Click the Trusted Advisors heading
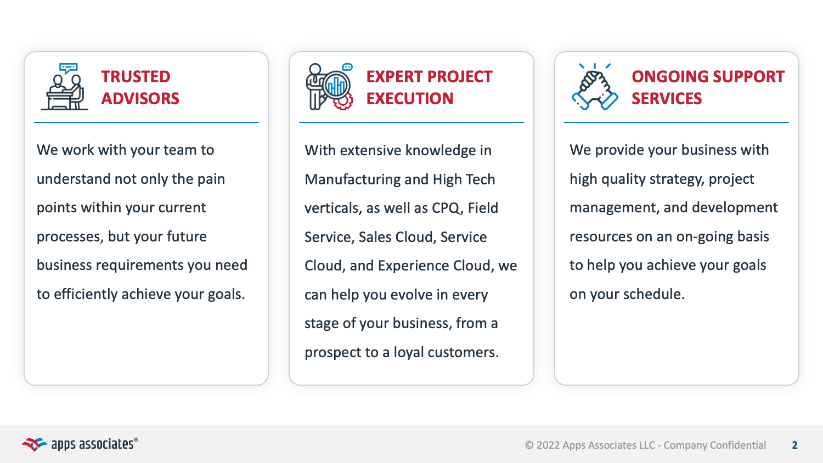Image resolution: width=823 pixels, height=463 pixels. click(140, 87)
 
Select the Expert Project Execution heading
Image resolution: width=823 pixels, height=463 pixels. click(429, 87)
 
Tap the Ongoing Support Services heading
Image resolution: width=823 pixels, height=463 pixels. click(708, 87)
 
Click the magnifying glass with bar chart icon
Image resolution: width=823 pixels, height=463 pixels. click(336, 86)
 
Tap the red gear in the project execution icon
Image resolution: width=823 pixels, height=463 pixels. click(344, 102)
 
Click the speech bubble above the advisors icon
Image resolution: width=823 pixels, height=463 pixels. click(69, 69)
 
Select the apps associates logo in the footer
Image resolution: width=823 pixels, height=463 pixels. click(80, 444)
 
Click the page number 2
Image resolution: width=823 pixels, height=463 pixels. click(794, 445)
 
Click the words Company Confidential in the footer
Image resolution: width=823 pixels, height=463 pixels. click(714, 445)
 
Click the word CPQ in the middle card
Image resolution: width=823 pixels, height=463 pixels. click(446, 208)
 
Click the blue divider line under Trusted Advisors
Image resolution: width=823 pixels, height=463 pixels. click(146, 122)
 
